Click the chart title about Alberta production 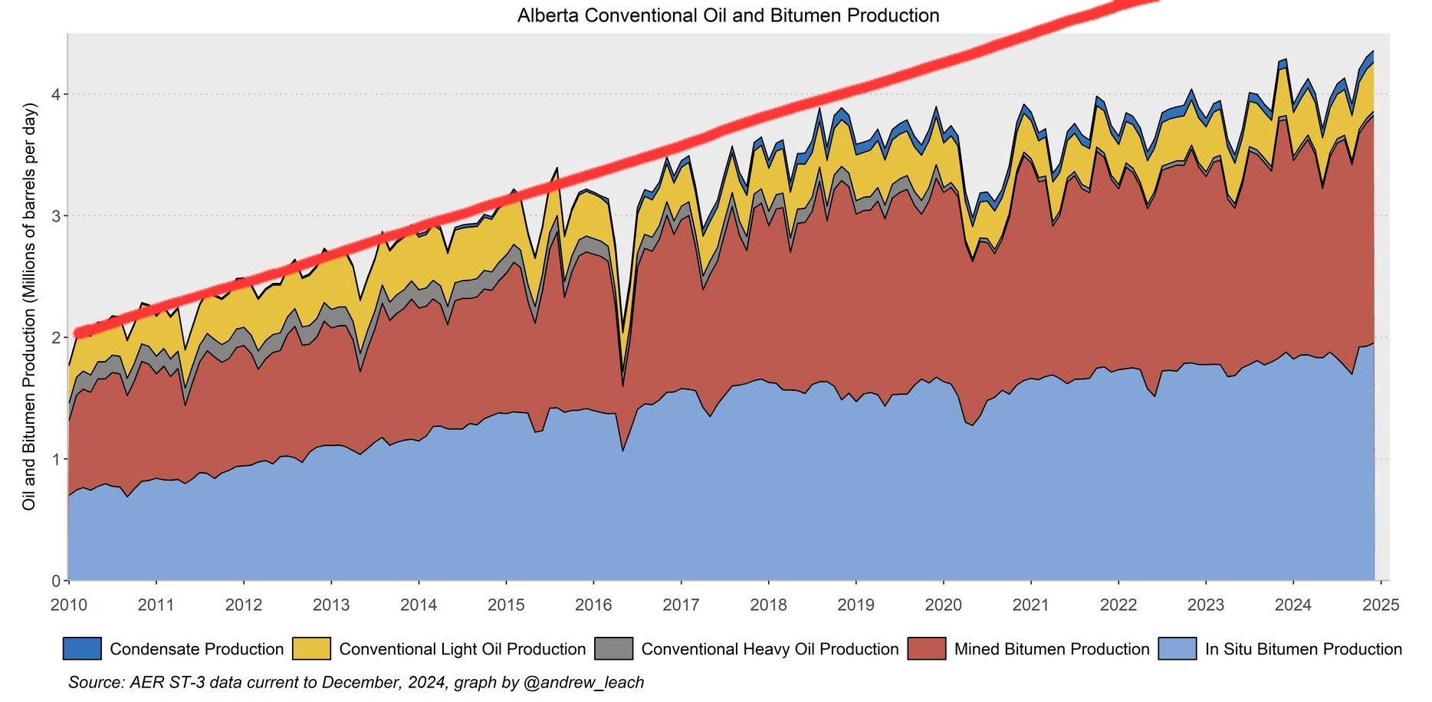pos(727,15)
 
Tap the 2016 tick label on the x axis pos(593,605)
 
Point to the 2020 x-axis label pos(943,605)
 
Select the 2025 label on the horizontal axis pos(1381,605)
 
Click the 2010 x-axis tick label pos(69,605)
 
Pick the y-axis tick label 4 pos(56,94)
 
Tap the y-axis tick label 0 pos(56,580)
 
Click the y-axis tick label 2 pos(56,337)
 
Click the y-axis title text pos(29,307)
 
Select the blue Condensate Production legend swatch pos(82,648)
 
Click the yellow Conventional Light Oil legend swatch pos(311,648)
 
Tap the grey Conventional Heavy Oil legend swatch pos(614,648)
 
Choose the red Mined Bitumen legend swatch pos(927,648)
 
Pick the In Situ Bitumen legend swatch pos(1177,648)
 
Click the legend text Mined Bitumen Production pos(1052,649)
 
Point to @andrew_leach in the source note pos(583,682)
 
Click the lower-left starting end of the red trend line pos(77,333)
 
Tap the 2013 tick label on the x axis pos(331,605)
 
